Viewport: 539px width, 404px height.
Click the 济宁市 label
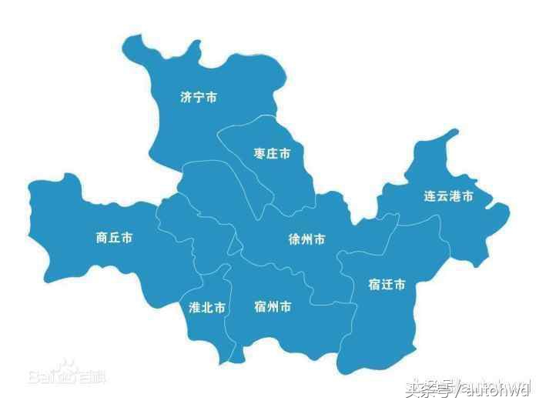point(198,98)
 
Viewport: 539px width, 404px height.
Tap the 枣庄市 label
point(273,154)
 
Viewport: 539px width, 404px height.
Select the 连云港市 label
point(448,196)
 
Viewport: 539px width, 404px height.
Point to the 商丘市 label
point(114,238)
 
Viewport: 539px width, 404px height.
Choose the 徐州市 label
point(306,239)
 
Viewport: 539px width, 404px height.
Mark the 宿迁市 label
point(387,285)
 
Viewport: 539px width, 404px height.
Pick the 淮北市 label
point(207,307)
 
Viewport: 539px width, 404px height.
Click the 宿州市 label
point(273,307)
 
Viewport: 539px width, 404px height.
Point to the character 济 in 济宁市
point(186,98)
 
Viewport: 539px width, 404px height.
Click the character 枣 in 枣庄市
point(260,154)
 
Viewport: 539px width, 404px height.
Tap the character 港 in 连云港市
point(454,196)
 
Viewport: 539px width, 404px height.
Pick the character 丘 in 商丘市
point(114,238)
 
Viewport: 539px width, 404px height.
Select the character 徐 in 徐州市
point(294,239)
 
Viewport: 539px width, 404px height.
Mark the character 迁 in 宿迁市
point(387,285)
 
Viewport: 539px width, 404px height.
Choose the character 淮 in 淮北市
point(195,307)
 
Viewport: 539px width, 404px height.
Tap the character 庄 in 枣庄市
point(273,154)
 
